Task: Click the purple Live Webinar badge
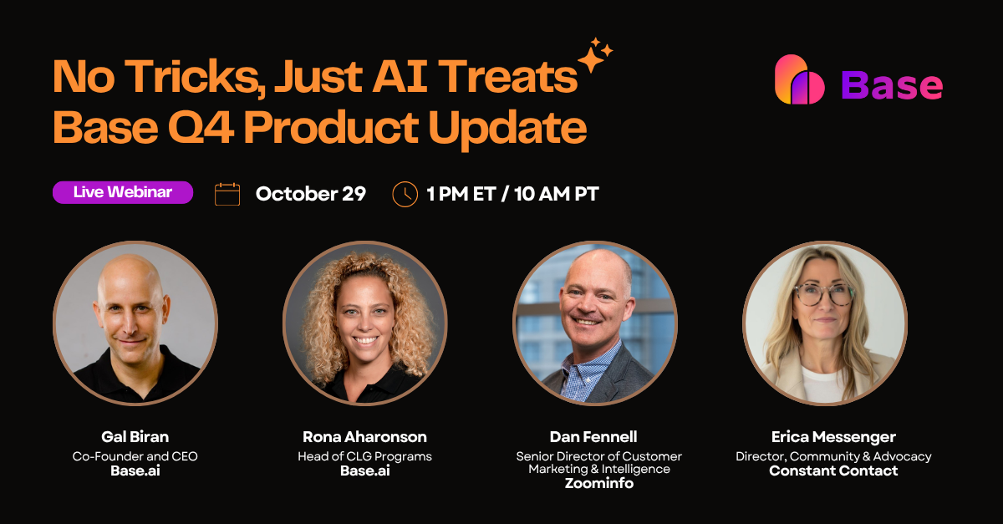(123, 192)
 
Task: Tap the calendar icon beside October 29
(227, 194)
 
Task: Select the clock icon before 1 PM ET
(405, 194)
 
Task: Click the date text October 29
(310, 194)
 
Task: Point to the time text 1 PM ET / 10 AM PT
(512, 194)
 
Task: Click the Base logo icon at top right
(800, 80)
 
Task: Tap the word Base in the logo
(892, 84)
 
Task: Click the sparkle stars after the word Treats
(595, 56)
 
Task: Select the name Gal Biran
(135, 437)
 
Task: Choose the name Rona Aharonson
(364, 437)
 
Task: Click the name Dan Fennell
(593, 437)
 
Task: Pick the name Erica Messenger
(833, 437)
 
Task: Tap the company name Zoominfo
(598, 483)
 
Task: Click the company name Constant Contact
(833, 471)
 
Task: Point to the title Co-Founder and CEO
(135, 456)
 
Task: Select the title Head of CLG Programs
(364, 456)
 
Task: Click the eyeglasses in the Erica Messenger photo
(823, 294)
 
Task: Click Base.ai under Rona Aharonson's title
(364, 471)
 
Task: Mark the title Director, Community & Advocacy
(833, 456)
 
